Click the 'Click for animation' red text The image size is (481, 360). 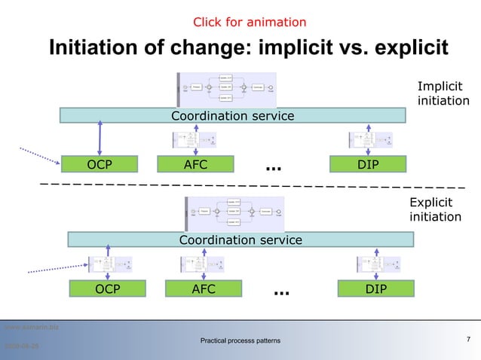tap(250, 23)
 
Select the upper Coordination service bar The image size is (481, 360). tap(232, 116)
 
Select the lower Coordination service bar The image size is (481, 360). tap(240, 239)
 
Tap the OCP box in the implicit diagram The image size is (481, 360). tap(100, 165)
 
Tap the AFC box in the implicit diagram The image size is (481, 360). tap(195, 165)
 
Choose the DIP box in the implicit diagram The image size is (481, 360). tap(368, 165)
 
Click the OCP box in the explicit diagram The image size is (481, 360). tap(107, 289)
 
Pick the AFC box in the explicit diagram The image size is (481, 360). tap(204, 289)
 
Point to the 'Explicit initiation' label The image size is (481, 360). tap(435, 210)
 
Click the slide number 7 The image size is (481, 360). tap(469, 339)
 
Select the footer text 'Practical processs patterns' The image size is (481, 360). tap(240, 341)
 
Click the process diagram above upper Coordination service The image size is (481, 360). tap(226, 89)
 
